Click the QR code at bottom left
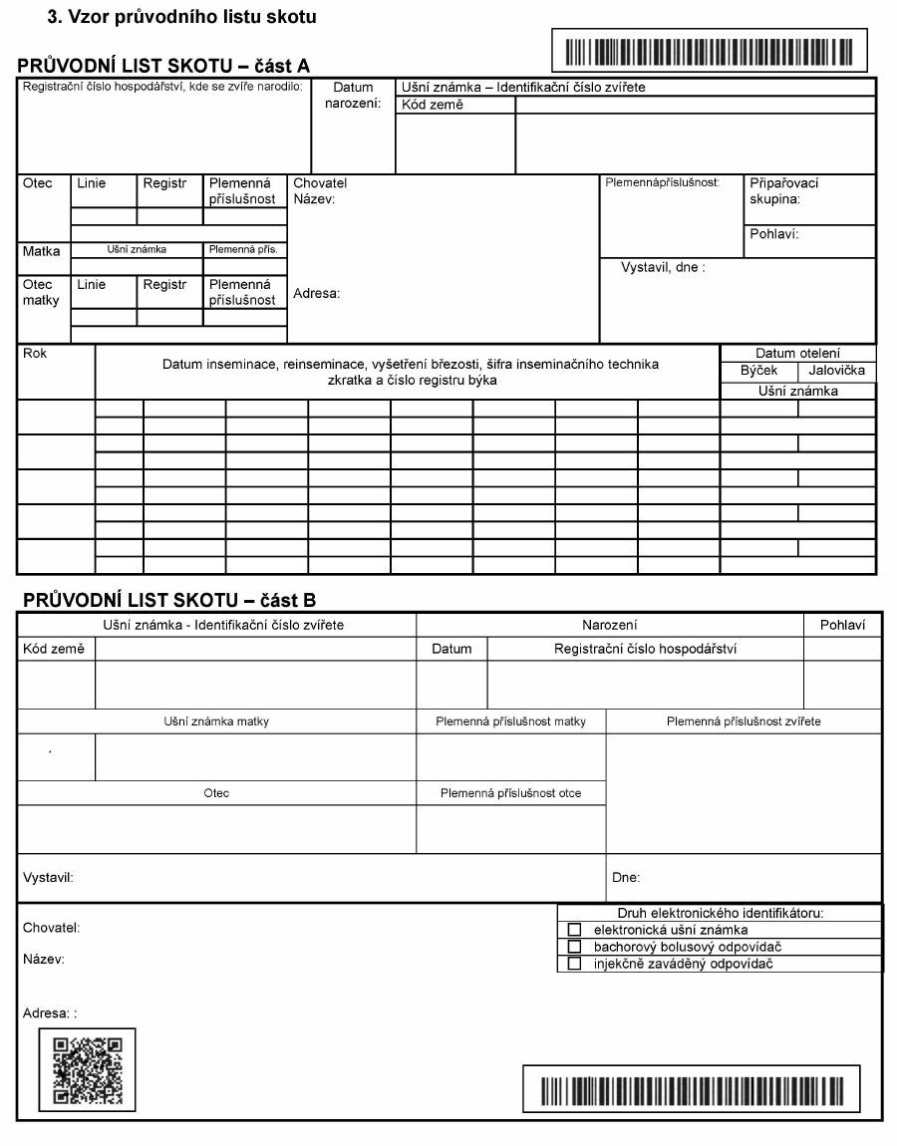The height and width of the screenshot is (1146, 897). click(x=87, y=1069)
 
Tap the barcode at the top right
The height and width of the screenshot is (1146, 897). click(x=709, y=51)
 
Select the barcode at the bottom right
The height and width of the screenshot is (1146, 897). click(x=691, y=1088)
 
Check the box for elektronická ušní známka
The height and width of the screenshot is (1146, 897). click(x=574, y=930)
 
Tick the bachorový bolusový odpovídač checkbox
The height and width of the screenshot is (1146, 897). click(x=574, y=947)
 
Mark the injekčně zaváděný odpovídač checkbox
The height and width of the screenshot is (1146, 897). click(x=574, y=964)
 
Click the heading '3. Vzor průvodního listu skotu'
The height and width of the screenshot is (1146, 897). click(x=181, y=18)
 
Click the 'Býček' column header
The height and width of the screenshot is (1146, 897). click(x=759, y=371)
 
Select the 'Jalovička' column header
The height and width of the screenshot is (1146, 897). click(x=837, y=371)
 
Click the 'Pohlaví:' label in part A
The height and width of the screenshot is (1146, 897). click(x=774, y=235)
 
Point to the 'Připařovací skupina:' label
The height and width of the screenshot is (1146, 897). click(x=783, y=191)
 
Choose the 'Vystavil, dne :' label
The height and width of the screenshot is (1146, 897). click(x=663, y=267)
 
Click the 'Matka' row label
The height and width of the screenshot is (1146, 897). click(x=42, y=251)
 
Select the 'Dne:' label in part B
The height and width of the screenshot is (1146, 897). click(x=626, y=878)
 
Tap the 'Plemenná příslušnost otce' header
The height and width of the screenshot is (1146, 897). click(x=510, y=793)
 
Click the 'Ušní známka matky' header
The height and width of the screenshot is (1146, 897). click(x=216, y=721)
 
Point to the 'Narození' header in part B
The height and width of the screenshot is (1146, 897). click(x=609, y=625)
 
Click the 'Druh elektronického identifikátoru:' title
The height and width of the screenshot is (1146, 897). click(x=720, y=913)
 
